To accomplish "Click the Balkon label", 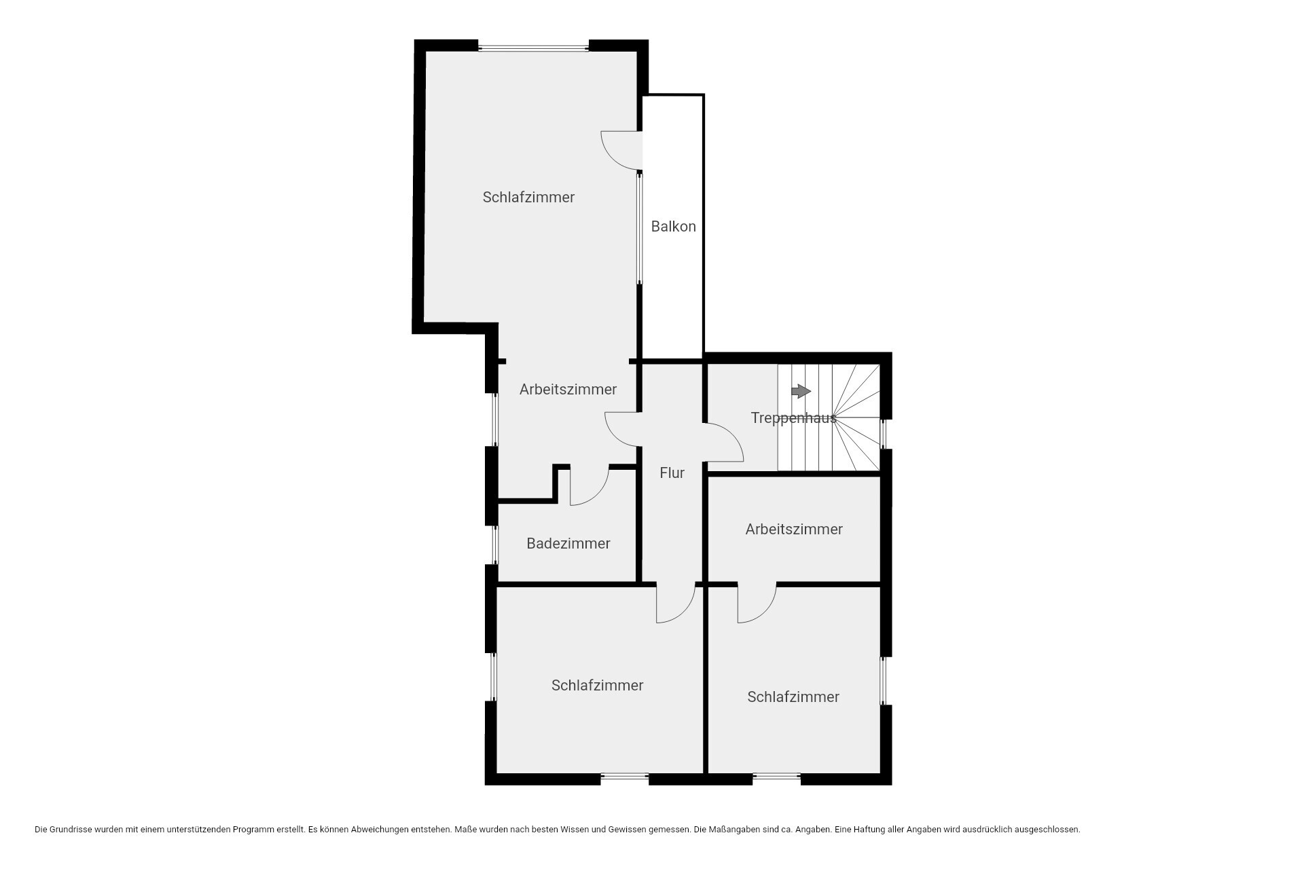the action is [x=673, y=227].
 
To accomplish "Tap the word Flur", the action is [x=672, y=473].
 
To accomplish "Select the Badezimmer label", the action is [x=568, y=543].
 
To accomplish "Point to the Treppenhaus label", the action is [x=793, y=418].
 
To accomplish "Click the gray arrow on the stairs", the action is [x=801, y=391].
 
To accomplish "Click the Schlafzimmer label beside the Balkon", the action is [x=528, y=197].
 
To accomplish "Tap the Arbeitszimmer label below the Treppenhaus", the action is [x=794, y=529].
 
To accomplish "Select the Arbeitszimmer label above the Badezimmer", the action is [x=568, y=389].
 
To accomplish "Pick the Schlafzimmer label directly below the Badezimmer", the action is [x=597, y=685].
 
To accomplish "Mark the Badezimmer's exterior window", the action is [x=495, y=544].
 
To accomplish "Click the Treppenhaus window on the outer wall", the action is [x=884, y=434].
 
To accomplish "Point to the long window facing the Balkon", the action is [x=639, y=228].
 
